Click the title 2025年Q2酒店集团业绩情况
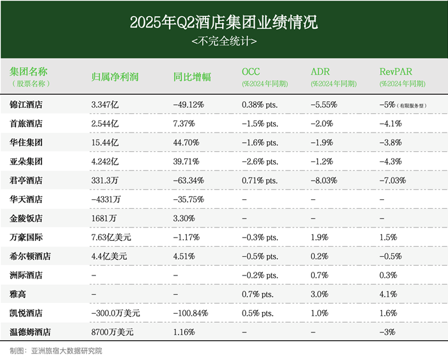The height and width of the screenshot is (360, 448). coord(224,23)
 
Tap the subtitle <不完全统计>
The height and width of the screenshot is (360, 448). coord(224,42)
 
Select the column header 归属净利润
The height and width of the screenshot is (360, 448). coord(115,76)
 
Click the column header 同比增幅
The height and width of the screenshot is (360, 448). coord(192,76)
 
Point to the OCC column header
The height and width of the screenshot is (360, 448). coord(251,71)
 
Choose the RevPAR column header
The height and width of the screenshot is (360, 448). coord(394,71)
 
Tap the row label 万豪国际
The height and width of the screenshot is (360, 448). coord(26,237)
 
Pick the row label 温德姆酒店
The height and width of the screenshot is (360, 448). coord(30,332)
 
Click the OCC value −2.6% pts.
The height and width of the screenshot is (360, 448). coord(260,161)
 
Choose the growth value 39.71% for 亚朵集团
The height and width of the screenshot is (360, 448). coord(187,161)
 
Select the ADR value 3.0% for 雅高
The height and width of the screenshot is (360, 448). coord(319,294)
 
